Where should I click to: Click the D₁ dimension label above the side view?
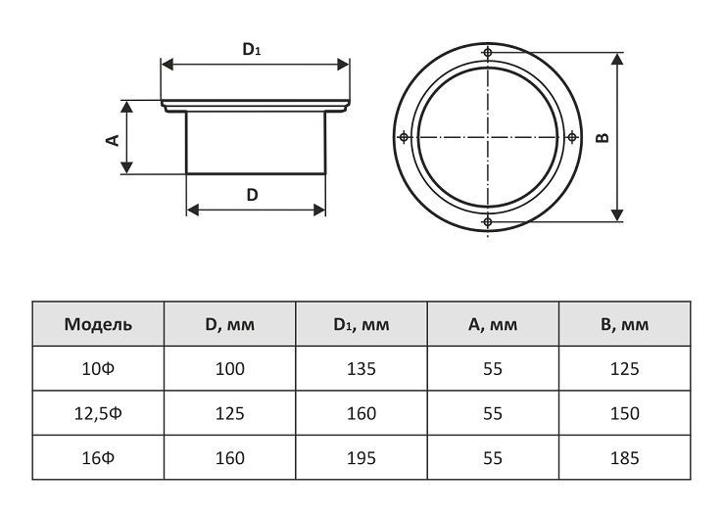click(x=252, y=49)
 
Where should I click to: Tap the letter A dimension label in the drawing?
click(x=112, y=140)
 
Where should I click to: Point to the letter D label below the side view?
click(x=252, y=195)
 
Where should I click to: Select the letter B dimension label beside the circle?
click(x=602, y=137)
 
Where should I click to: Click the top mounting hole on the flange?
click(x=487, y=52)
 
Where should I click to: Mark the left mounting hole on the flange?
click(x=404, y=137)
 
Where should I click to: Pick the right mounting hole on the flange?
click(x=572, y=137)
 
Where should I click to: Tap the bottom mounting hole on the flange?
click(x=487, y=222)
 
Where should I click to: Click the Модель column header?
click(x=98, y=324)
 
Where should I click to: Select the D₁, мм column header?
click(x=361, y=325)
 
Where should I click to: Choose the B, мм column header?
click(x=624, y=325)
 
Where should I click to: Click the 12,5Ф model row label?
click(x=98, y=413)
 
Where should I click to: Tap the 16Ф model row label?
click(x=98, y=458)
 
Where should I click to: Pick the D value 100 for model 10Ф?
click(x=230, y=369)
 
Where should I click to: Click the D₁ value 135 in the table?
click(x=361, y=369)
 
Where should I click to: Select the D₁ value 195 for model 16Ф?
click(x=361, y=458)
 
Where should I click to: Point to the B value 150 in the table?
click(x=625, y=413)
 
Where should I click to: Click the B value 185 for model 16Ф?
click(x=625, y=458)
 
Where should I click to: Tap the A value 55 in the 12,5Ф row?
click(x=493, y=413)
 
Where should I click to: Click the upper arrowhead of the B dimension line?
click(x=617, y=59)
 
